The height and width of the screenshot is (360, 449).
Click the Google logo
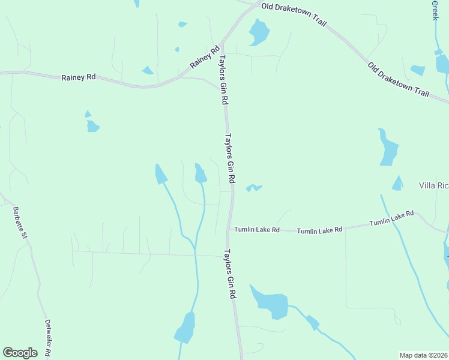tap(20, 353)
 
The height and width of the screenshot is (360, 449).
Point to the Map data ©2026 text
tap(423, 355)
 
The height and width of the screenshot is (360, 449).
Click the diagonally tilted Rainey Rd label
tap(205, 56)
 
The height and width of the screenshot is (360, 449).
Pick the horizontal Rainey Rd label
tap(79, 77)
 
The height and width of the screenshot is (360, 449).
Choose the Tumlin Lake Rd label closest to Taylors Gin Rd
tap(257, 229)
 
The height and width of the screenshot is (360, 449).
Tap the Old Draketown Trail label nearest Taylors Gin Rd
tap(294, 13)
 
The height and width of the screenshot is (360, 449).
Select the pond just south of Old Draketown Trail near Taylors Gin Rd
tap(259, 32)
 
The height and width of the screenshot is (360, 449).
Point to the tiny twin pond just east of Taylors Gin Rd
tap(253, 188)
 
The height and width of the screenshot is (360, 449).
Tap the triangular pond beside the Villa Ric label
tap(397, 184)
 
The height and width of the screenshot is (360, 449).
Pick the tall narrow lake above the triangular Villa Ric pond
tap(388, 148)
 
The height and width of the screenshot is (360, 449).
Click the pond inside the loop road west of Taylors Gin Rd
tap(200, 173)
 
